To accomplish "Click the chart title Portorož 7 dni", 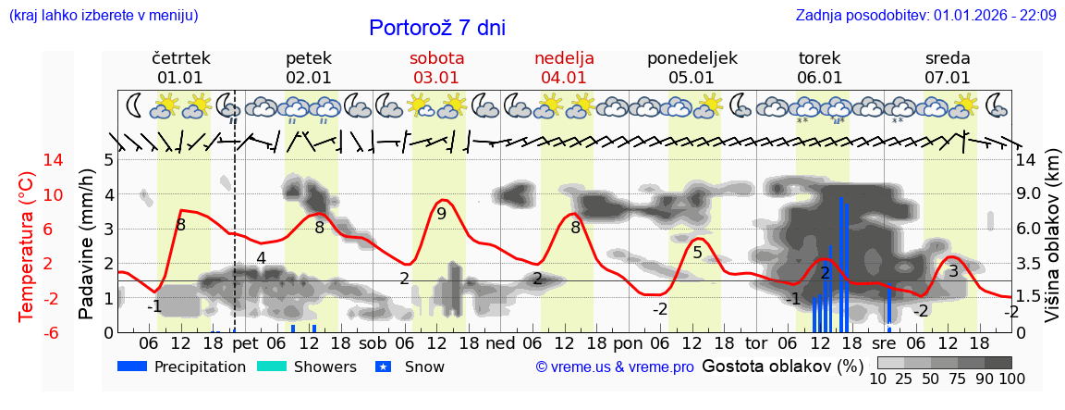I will pyautogui.click(x=437, y=28).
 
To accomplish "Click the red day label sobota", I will pyautogui.click(x=436, y=58).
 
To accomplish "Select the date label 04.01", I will pyautogui.click(x=564, y=78).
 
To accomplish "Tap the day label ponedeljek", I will pyautogui.click(x=692, y=58).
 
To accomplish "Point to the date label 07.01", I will pyautogui.click(x=948, y=78).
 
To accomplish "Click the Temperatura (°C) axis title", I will pyautogui.click(x=27, y=245).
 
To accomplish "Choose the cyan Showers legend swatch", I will pyautogui.click(x=272, y=367).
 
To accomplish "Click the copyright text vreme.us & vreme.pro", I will pyautogui.click(x=615, y=367).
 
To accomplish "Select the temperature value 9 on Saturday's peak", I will pyautogui.click(x=442, y=214).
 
